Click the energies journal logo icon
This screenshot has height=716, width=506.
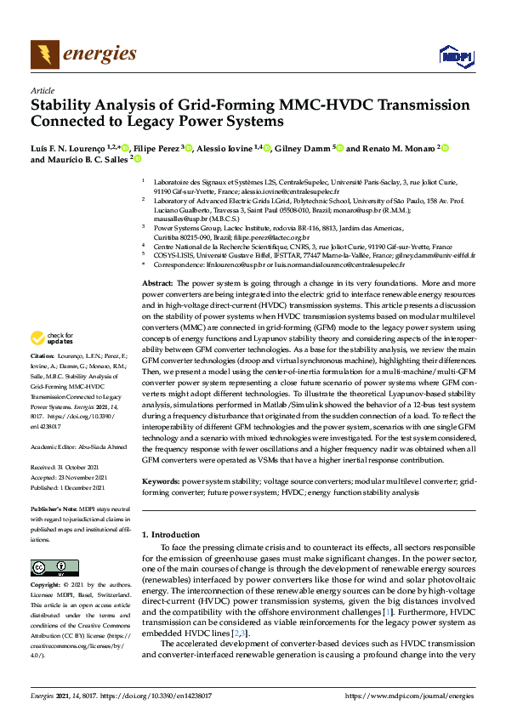tap(45, 54)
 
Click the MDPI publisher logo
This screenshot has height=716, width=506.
tap(456, 56)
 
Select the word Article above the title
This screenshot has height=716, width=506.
tap(43, 91)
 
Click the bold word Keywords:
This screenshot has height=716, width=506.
tap(161, 482)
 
